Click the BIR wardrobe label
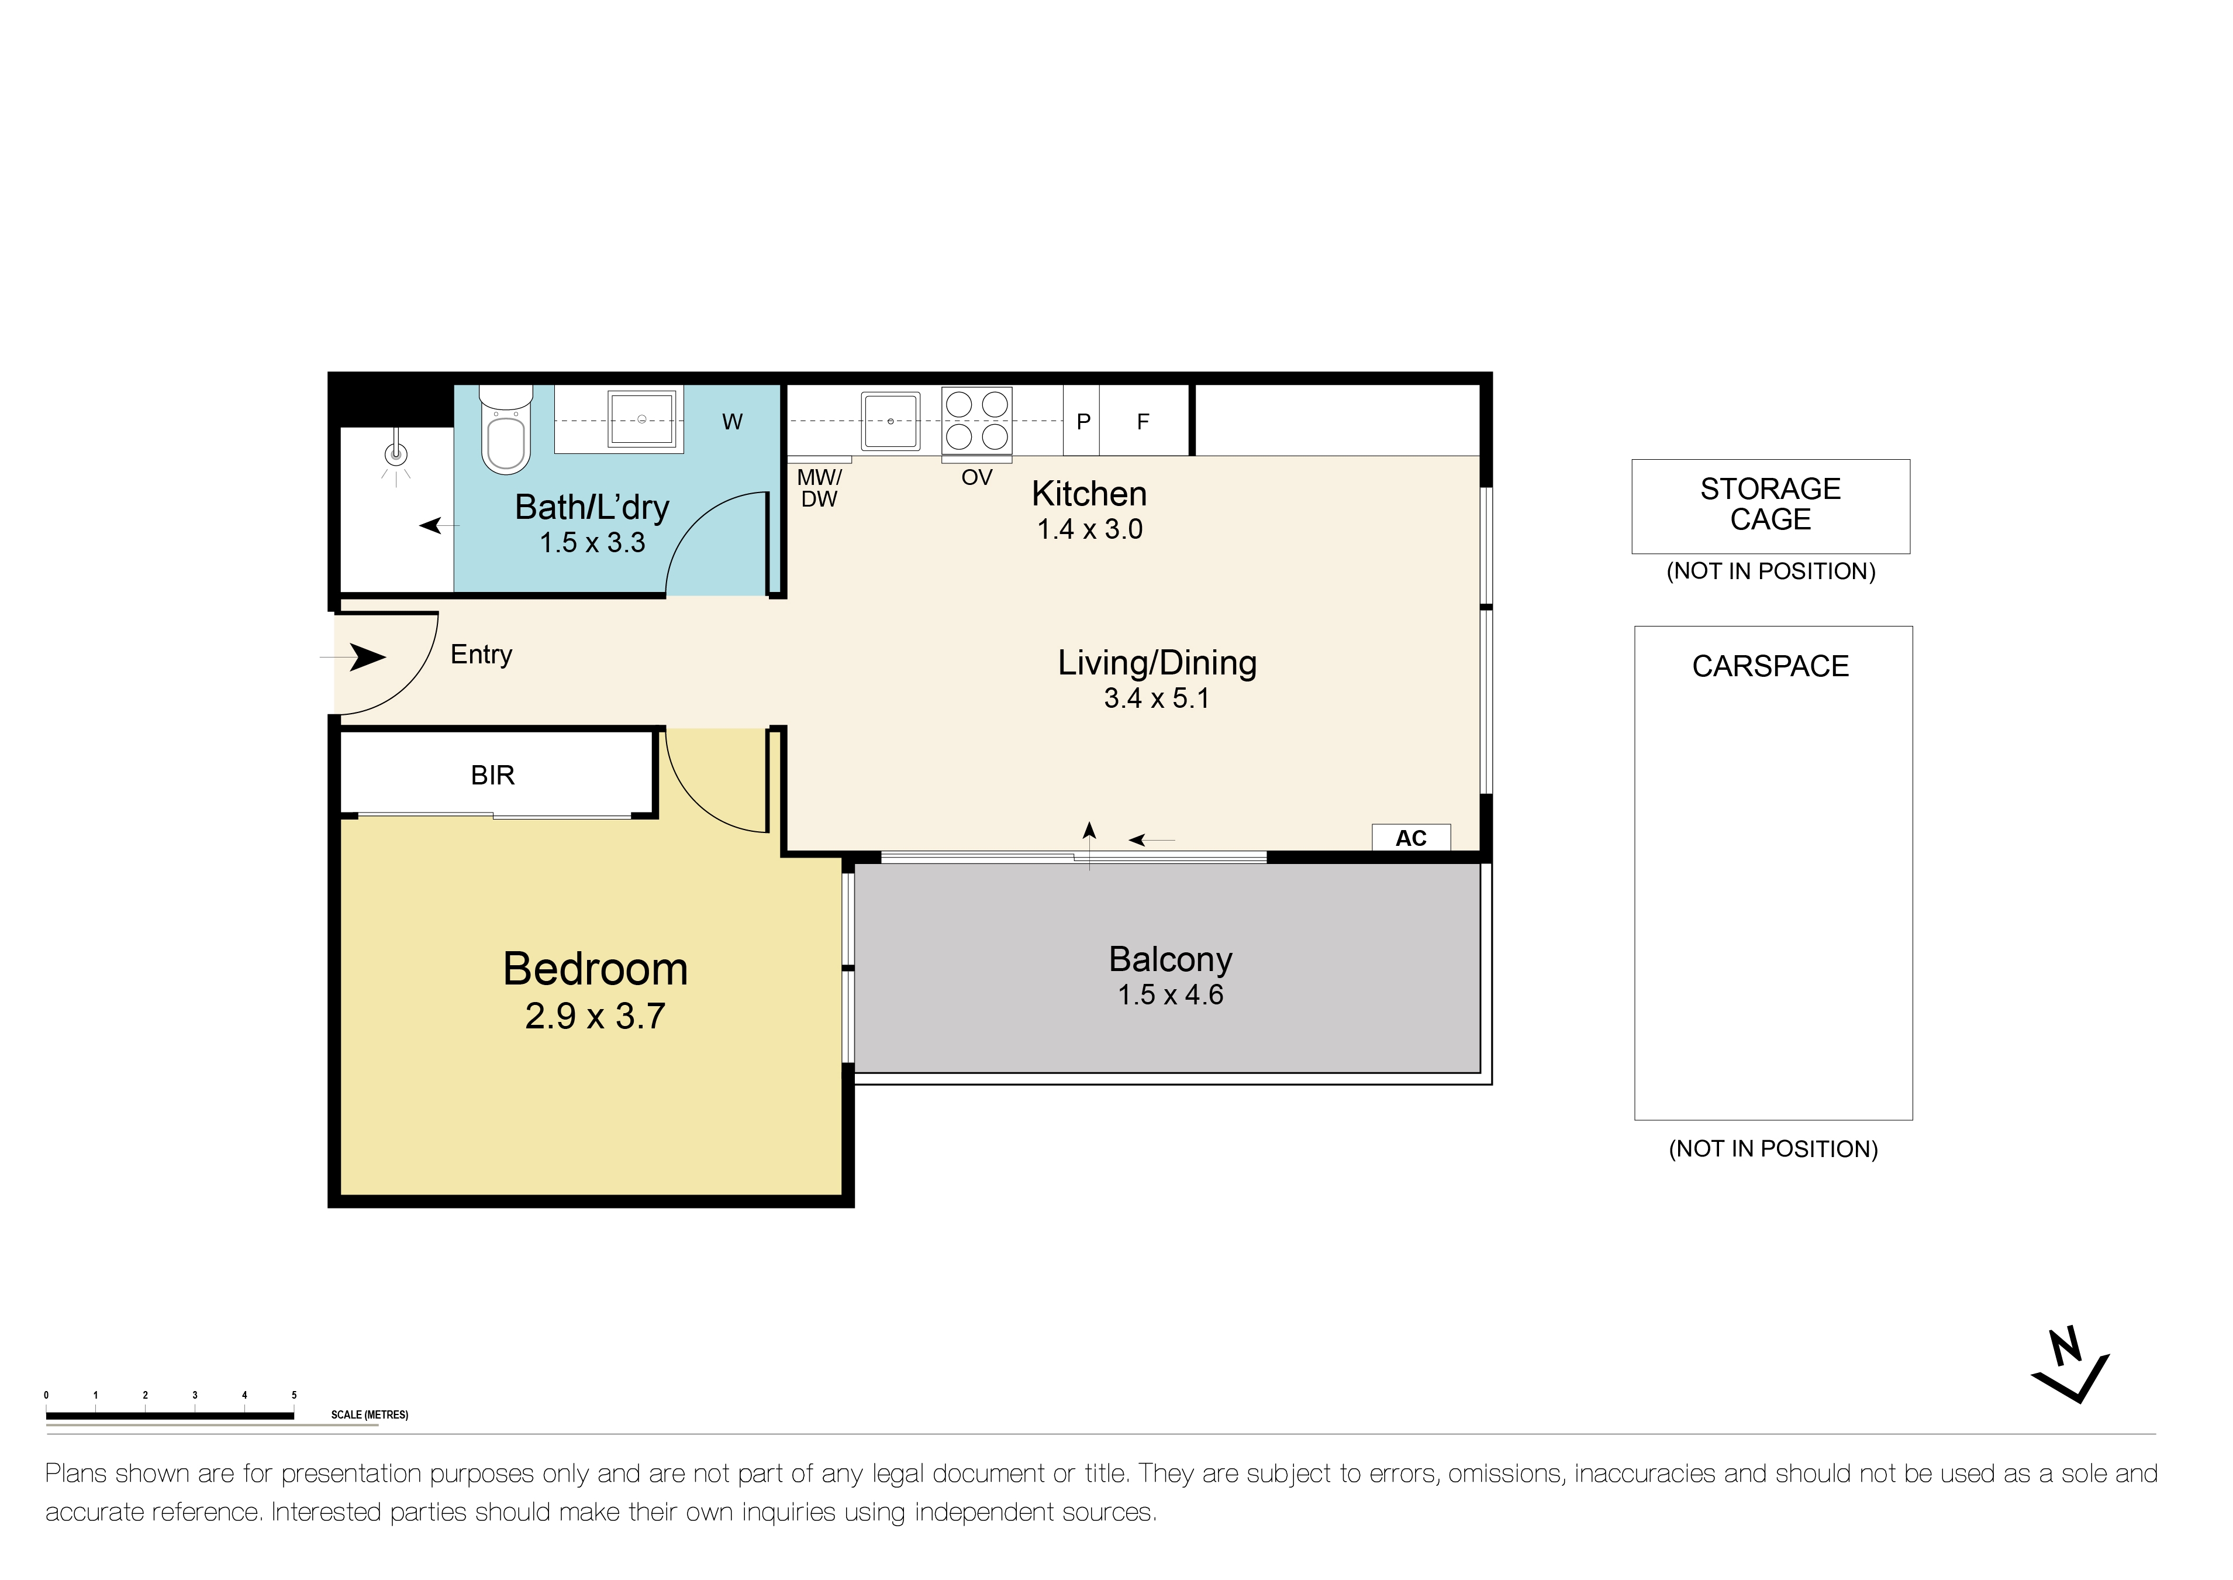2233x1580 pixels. pyautogui.click(x=492, y=776)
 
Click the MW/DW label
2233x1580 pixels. pyautogui.click(x=819, y=488)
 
